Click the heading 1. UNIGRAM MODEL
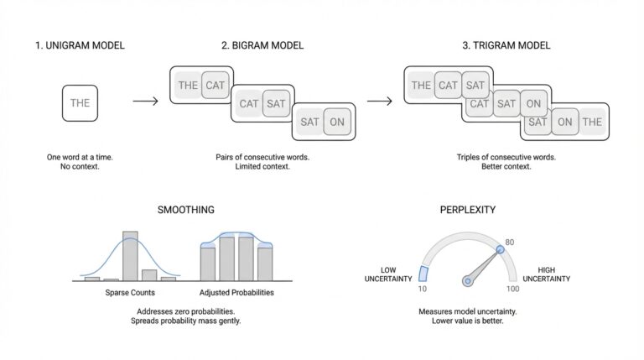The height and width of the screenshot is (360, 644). [x=80, y=45]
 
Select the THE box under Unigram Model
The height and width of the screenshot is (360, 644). [x=80, y=103]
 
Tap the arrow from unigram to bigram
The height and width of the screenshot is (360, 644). [x=145, y=102]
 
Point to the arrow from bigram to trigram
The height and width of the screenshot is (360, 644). [x=380, y=102]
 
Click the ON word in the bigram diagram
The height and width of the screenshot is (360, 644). [x=338, y=122]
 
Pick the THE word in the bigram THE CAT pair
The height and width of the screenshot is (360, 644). [x=188, y=85]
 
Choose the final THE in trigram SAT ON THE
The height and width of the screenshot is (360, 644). [x=592, y=122]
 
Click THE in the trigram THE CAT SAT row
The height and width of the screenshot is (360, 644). [x=421, y=85]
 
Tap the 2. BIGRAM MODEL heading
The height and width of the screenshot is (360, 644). [x=262, y=45]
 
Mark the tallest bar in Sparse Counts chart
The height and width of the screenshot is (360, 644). [x=130, y=255]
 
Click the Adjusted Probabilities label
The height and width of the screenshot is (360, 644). [x=236, y=293]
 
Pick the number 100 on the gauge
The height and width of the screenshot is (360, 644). [x=513, y=289]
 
